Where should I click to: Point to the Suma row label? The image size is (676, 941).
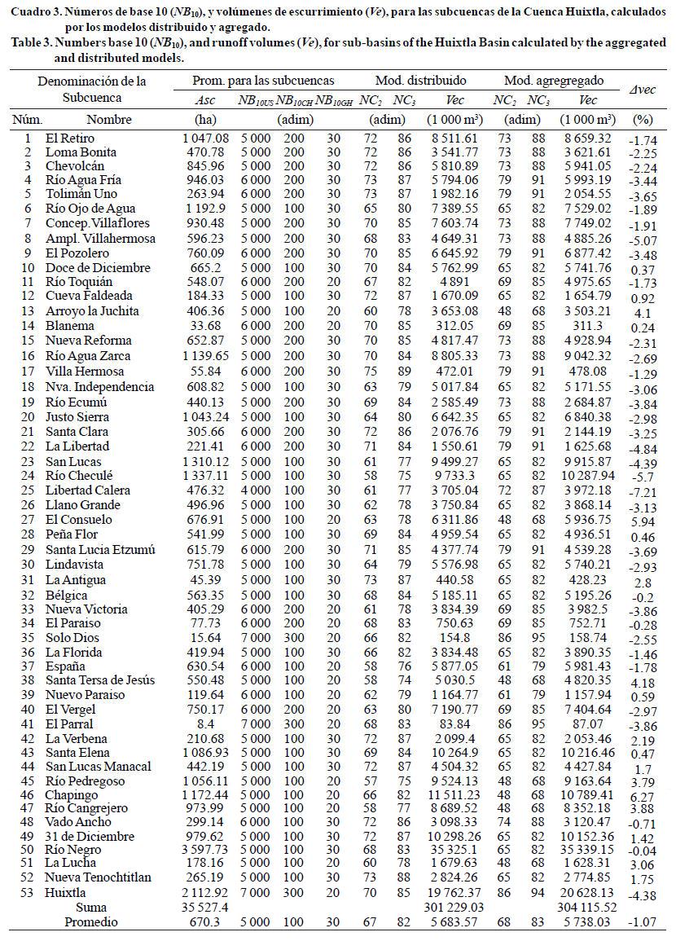[91, 907]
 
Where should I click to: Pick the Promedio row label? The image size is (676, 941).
[92, 921]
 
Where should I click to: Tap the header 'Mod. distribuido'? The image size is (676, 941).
[420, 81]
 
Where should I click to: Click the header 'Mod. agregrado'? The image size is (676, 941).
[554, 81]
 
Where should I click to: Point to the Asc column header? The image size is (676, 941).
[206, 100]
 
